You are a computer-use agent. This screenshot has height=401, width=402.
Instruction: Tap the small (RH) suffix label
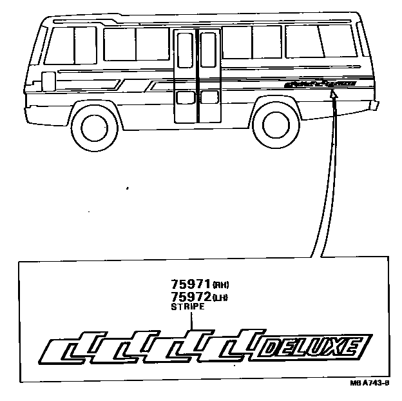[221, 285]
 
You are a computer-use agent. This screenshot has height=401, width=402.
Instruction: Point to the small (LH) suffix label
[221, 297]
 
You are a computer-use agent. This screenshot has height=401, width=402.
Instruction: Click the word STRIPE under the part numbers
[187, 308]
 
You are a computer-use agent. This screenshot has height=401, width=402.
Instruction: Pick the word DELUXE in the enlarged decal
[312, 349]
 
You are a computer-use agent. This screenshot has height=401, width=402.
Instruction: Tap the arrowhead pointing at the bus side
[332, 95]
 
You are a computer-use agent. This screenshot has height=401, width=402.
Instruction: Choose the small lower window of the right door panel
[208, 97]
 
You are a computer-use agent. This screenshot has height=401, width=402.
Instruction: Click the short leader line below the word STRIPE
[187, 322]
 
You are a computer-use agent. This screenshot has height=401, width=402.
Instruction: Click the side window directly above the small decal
[316, 42]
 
